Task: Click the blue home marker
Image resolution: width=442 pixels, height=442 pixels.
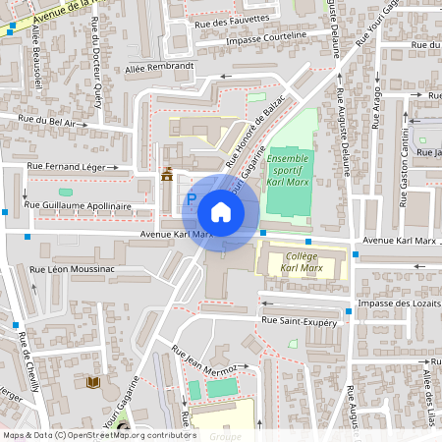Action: pos(221,212)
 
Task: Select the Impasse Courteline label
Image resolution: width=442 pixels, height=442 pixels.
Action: pos(265,37)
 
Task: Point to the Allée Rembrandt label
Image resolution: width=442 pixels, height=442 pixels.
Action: pos(160,68)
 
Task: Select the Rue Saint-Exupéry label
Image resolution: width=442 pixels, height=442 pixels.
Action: pos(299,320)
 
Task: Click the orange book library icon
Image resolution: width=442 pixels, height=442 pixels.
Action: pos(93,381)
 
